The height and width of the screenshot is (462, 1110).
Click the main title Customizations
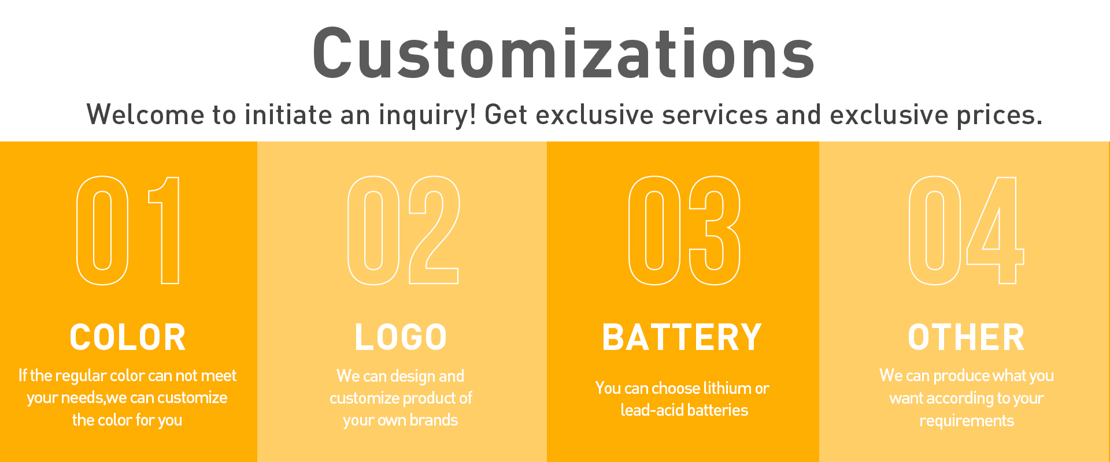coord(564,53)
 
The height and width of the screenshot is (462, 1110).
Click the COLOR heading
coord(128,337)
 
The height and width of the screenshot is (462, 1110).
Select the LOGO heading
coord(401,337)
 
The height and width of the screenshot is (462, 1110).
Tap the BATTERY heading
coord(682,337)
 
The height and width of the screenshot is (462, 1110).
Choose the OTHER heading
coord(966,337)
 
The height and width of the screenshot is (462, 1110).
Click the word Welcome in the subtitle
coord(145,114)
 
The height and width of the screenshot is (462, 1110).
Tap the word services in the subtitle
coord(715,114)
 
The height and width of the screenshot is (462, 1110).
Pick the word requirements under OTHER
coord(967,421)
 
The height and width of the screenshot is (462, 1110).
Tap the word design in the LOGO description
coord(412,377)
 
